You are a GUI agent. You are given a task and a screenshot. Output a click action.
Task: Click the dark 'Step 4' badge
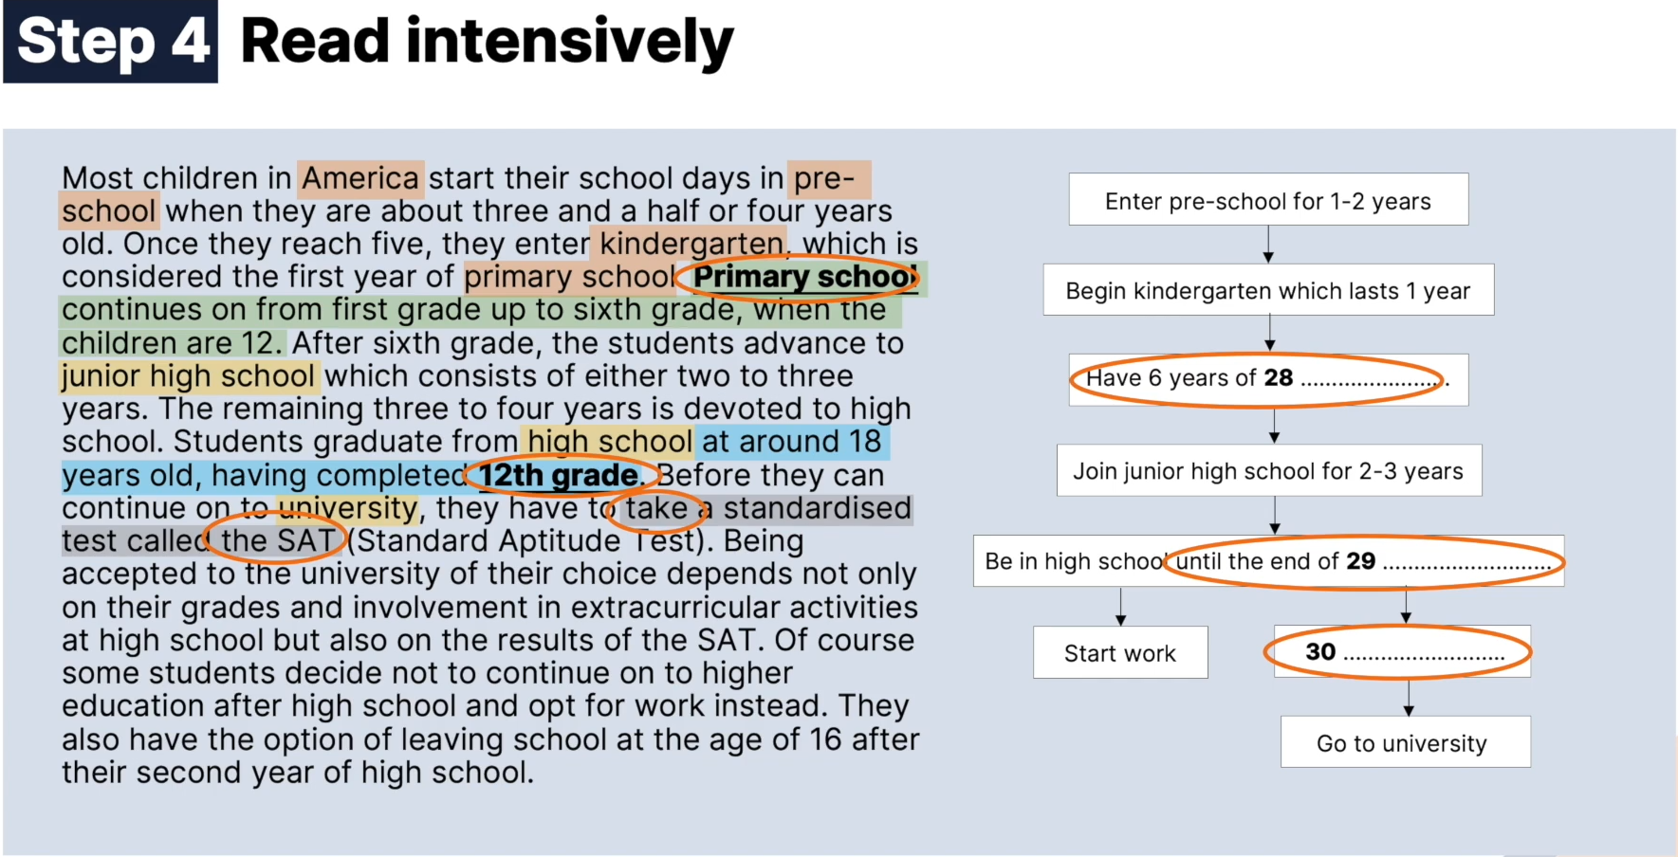coord(111,42)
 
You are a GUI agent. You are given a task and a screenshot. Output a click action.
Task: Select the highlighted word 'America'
coord(360,178)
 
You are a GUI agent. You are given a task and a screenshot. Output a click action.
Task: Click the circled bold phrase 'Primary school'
coord(804,277)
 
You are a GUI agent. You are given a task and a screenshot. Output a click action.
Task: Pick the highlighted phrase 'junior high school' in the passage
coord(188,376)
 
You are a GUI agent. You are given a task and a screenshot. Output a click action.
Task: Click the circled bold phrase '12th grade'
coord(558,475)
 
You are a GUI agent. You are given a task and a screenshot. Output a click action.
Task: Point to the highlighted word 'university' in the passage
coord(347,508)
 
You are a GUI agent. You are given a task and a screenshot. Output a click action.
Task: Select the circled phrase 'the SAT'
coord(277,541)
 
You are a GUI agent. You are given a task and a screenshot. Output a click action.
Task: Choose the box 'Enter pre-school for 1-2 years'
coord(1268,199)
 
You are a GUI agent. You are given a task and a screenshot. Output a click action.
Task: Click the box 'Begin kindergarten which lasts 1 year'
coord(1268,290)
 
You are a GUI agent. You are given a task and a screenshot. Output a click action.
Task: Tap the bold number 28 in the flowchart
coord(1279,378)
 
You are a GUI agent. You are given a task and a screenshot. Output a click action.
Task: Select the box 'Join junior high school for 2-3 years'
coord(1269,470)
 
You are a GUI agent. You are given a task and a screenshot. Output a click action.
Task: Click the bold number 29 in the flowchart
coord(1361,561)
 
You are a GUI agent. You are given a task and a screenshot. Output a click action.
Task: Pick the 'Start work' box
coord(1120,652)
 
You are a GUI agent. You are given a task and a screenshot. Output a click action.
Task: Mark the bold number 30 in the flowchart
coord(1320,652)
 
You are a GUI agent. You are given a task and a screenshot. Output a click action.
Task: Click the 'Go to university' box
coord(1405,742)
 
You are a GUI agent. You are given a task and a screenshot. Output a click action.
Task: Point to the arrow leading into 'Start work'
coord(1120,607)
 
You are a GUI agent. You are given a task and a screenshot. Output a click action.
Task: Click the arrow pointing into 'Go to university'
coord(1409,698)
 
